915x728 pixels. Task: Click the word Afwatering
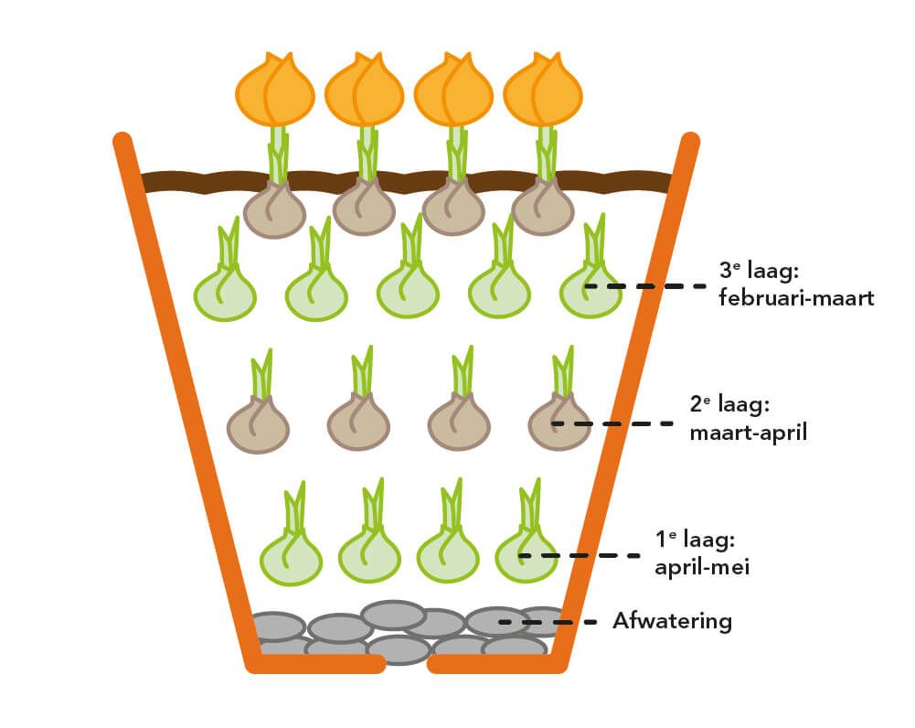[x=672, y=622]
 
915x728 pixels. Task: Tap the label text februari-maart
[x=796, y=298]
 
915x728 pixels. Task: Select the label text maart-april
[x=749, y=432]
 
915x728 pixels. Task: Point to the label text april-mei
[x=702, y=567]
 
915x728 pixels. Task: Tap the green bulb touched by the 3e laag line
[x=590, y=291]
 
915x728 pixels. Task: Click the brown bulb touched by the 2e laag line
[x=559, y=424]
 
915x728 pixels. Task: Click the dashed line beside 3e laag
[x=645, y=285]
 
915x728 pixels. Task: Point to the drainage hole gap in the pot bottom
[x=406, y=665]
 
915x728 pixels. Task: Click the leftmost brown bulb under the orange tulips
[x=274, y=210]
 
